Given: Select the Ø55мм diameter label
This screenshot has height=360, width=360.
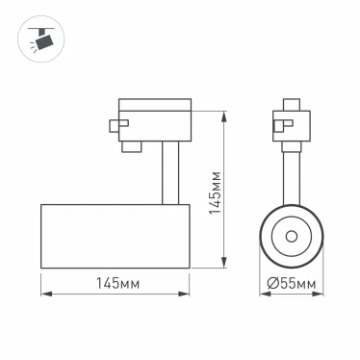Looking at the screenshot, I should pos(292,283).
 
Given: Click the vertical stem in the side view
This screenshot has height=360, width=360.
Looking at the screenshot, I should pos(169,173).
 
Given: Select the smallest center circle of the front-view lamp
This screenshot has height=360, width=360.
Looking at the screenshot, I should pos(291,236).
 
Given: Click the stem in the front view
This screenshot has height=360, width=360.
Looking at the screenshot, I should pos(291,173).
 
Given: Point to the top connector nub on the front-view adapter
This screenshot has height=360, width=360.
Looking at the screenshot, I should pos(291,101).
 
